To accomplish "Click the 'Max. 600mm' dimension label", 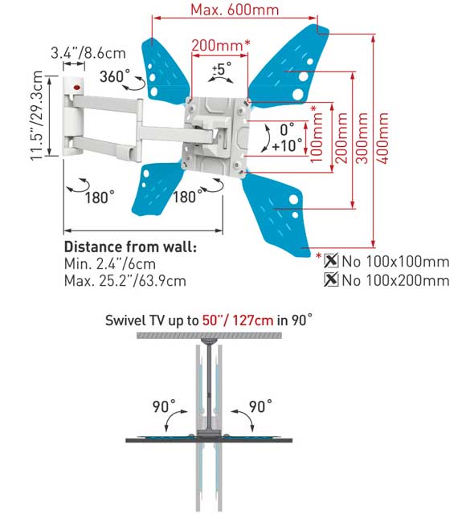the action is (235, 10).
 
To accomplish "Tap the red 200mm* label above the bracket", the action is (220, 45).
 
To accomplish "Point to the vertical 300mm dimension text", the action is (362, 138).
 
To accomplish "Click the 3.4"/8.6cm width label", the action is (88, 53).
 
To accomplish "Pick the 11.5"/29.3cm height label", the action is (36, 116).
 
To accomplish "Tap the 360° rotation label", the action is (115, 76).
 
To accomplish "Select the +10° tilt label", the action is (287, 145).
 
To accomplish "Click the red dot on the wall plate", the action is (76, 88).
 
